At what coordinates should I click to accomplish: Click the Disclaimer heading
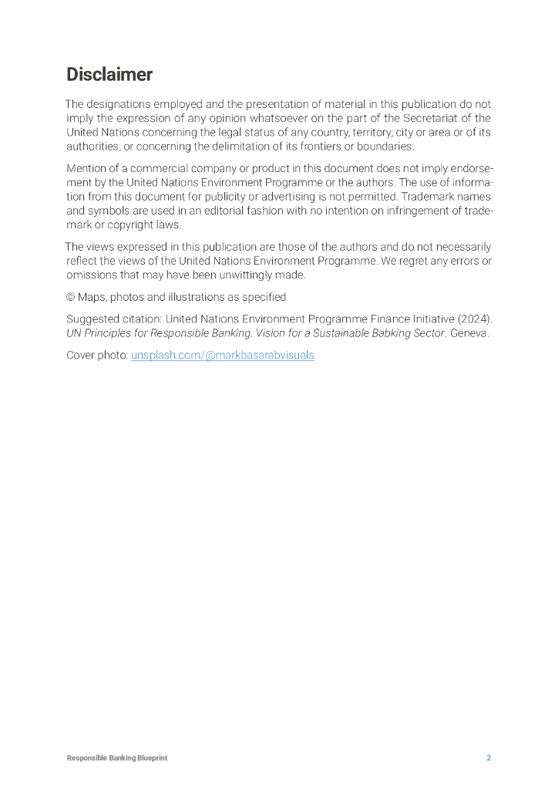(x=109, y=75)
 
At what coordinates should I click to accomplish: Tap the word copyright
(x=119, y=225)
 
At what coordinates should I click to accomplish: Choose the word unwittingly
(x=234, y=275)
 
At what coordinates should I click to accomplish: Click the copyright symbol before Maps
(x=71, y=297)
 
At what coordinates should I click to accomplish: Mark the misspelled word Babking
(x=400, y=333)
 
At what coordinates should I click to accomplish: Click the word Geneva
(x=469, y=333)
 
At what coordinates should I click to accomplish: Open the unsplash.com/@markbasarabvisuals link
(x=223, y=356)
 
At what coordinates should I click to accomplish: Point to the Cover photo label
(x=97, y=356)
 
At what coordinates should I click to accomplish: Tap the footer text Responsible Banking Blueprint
(x=116, y=758)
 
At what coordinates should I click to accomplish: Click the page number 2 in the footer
(x=488, y=758)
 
